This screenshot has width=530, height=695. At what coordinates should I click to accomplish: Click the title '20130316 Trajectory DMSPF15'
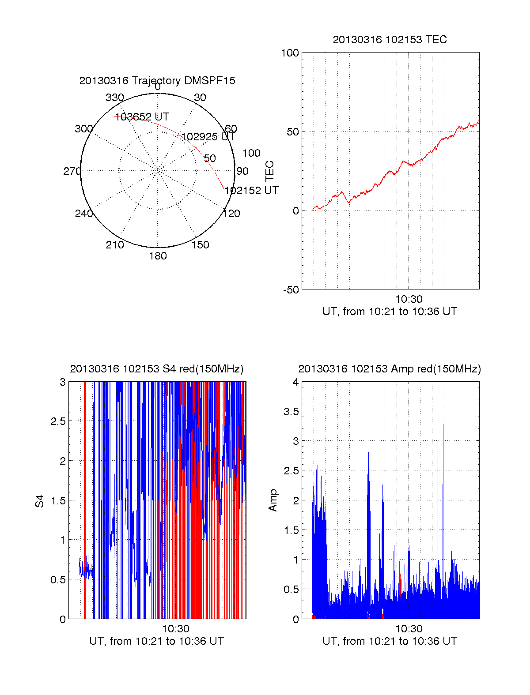pyautogui.click(x=157, y=81)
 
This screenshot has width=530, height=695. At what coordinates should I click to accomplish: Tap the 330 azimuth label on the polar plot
pyautogui.click(x=115, y=98)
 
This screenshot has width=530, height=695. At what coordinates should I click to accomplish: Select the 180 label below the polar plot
pyautogui.click(x=158, y=256)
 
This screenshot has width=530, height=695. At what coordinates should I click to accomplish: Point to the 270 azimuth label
pyautogui.click(x=72, y=171)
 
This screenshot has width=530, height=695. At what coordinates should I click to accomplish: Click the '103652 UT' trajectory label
pyautogui.click(x=142, y=117)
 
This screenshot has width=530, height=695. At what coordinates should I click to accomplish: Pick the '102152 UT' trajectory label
pyautogui.click(x=251, y=191)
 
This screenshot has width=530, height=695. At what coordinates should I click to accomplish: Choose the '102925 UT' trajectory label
pyautogui.click(x=208, y=137)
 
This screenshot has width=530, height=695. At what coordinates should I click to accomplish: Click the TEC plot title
pyautogui.click(x=390, y=40)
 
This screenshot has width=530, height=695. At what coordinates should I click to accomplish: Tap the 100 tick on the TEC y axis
pyautogui.click(x=290, y=53)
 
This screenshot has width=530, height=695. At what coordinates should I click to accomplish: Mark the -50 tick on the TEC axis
pyautogui.click(x=291, y=290)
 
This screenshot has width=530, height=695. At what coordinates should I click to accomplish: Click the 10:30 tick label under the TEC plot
pyautogui.click(x=409, y=299)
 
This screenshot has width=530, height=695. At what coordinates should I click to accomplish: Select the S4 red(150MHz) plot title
pyautogui.click(x=157, y=369)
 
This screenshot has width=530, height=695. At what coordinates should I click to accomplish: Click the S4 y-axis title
pyautogui.click(x=40, y=501)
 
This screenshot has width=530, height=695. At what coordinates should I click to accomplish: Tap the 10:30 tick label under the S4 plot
pyautogui.click(x=175, y=629)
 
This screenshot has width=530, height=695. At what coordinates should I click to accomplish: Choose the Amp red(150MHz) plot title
pyautogui.click(x=390, y=369)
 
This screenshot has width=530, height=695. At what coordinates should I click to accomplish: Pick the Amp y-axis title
pyautogui.click(x=273, y=500)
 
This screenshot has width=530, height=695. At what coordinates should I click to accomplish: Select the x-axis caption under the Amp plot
pyautogui.click(x=390, y=641)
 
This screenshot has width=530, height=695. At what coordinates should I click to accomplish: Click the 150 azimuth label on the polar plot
pyautogui.click(x=200, y=245)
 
